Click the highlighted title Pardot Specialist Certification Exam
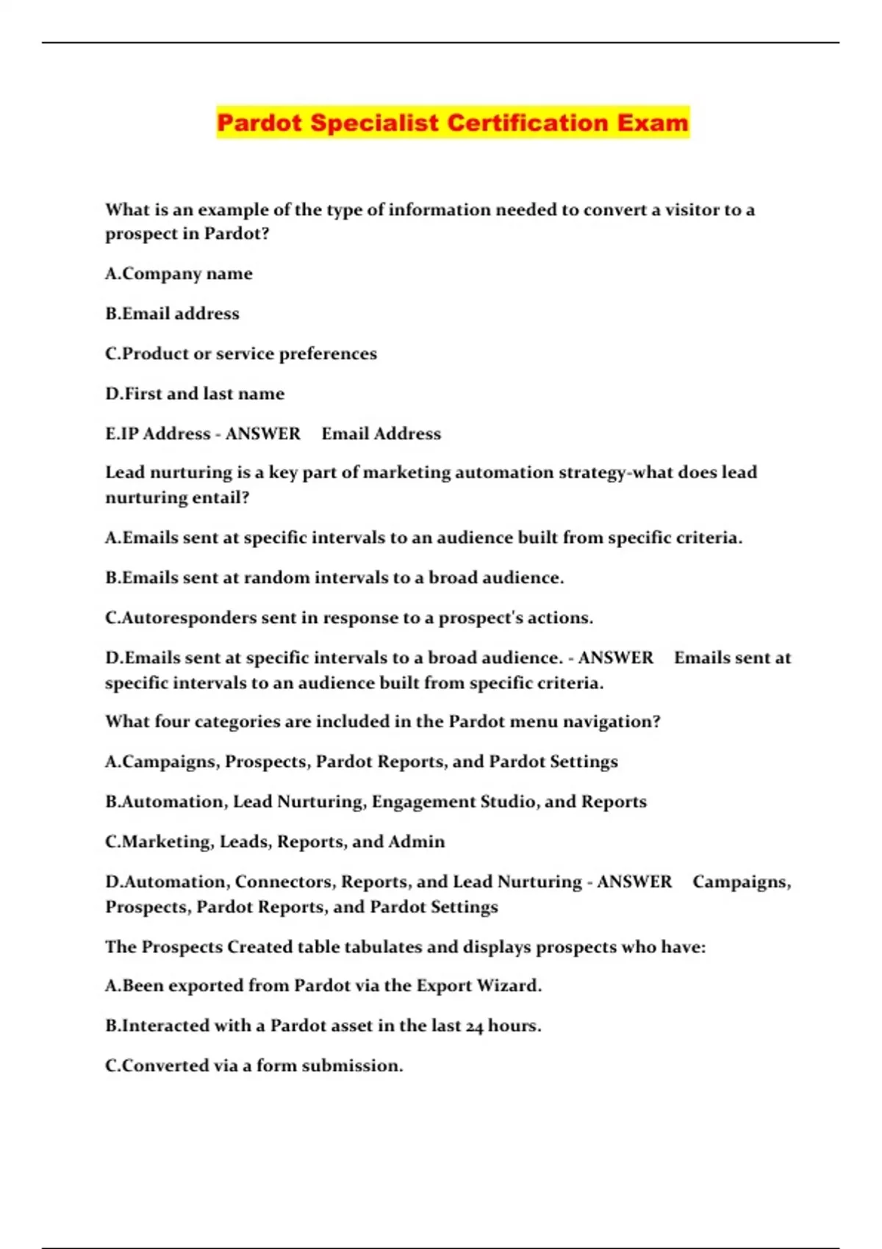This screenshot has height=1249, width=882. (x=453, y=122)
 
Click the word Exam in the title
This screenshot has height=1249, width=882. (x=653, y=122)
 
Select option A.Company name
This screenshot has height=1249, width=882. (x=179, y=274)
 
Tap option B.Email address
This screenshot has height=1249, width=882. (x=172, y=314)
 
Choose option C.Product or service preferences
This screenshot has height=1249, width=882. (x=240, y=354)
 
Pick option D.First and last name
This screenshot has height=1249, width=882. (x=194, y=394)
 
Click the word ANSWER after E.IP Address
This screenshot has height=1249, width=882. (x=262, y=434)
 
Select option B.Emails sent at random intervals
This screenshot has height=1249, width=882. (x=334, y=578)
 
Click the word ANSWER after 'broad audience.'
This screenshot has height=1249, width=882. (x=615, y=658)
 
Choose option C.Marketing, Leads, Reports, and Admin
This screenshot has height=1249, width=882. (x=275, y=842)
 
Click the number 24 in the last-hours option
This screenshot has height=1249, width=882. (x=474, y=1026)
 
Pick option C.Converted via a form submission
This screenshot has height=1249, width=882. (x=254, y=1066)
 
